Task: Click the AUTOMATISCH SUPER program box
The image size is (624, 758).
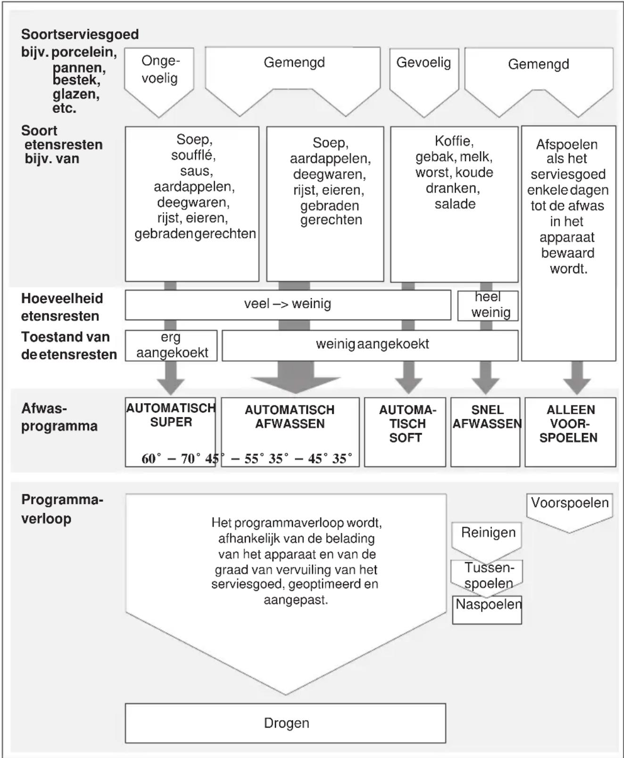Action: pos(170,432)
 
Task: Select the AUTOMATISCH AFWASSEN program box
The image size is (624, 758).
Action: pos(290,432)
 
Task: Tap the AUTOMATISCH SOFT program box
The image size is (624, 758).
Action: pos(405,432)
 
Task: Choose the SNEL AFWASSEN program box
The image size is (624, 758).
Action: pos(485,432)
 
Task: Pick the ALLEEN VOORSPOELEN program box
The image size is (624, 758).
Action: pos(570,432)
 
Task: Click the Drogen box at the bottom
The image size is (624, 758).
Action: pos(285,723)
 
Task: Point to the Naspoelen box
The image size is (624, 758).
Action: pos(487,610)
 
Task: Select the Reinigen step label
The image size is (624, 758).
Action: pos(488,532)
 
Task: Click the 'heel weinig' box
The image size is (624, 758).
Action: pos(488,305)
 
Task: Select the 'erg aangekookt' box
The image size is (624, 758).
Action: pos(171,345)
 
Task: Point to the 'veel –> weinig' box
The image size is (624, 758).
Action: pos(288,305)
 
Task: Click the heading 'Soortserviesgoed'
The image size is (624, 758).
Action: pos(80,34)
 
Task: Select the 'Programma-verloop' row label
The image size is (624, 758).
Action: pos(62,509)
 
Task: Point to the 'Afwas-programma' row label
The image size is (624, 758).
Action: pos(59,417)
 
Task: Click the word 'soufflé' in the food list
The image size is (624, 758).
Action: pos(193,155)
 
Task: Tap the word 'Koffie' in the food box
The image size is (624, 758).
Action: pos(454,141)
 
